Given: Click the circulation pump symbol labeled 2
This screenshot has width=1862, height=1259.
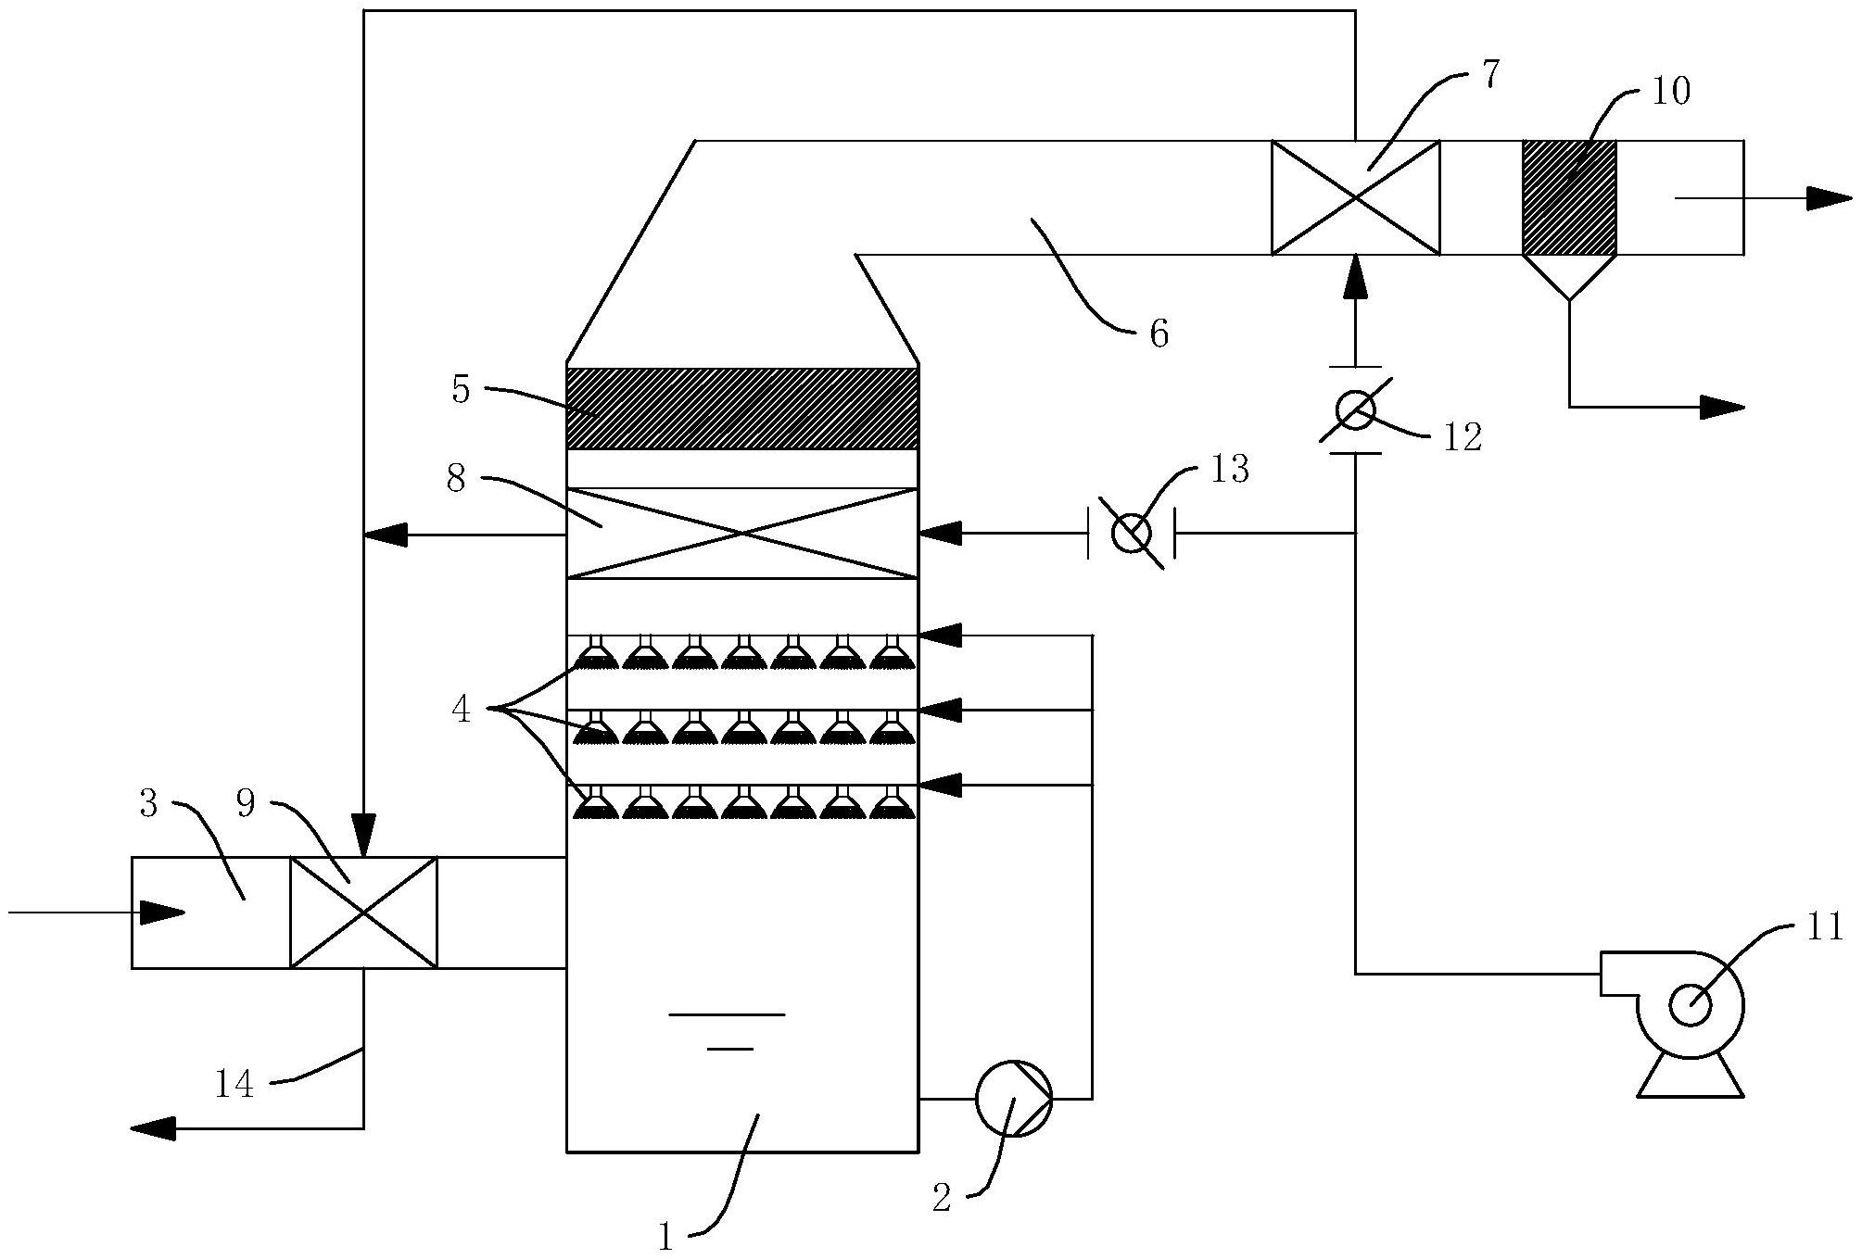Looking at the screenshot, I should click(x=1014, y=1098).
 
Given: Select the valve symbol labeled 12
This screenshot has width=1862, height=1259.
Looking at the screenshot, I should click(x=1356, y=409).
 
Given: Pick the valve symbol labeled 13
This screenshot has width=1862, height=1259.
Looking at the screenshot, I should click(x=1131, y=534).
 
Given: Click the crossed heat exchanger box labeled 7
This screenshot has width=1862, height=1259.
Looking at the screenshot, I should click(x=1355, y=197).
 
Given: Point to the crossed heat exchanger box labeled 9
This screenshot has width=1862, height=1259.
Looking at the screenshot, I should click(x=363, y=913).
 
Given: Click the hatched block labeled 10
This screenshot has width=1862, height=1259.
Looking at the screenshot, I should click(x=1569, y=197).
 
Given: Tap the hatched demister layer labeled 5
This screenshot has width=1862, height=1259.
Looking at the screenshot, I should click(x=741, y=409).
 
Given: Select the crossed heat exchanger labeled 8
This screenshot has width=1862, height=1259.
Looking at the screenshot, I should click(x=741, y=533).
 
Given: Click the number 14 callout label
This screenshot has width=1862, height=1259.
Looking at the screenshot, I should click(x=234, y=1083).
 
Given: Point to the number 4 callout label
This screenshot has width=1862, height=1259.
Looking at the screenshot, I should click(x=462, y=710).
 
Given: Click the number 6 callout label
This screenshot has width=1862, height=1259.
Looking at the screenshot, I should click(x=1159, y=334).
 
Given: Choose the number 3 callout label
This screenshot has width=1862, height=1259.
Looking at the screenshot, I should click(x=148, y=804).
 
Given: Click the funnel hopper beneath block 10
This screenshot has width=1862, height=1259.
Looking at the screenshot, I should click(x=1569, y=275).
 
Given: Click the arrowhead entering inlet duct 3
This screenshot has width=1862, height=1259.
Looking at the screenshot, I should click(x=162, y=913).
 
